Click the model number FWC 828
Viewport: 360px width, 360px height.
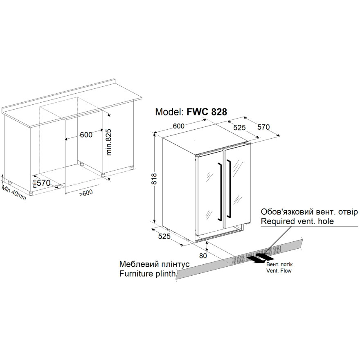207,112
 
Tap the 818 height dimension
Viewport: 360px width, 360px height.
154,179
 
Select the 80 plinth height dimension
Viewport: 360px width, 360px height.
203,256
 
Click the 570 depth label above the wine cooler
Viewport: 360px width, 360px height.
263,127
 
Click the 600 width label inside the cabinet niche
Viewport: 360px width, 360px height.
86,135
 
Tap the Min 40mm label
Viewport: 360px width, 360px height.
14,192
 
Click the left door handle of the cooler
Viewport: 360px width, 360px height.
220,191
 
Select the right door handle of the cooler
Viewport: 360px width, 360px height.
228,188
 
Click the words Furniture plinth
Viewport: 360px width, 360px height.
147,274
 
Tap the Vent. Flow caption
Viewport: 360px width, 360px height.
279,271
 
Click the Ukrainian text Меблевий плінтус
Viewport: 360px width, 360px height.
154,264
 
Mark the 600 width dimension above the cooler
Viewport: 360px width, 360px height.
179,126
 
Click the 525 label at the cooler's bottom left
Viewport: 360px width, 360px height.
164,236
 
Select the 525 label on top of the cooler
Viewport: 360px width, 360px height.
239,127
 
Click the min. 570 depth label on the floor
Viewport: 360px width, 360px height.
42,183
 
